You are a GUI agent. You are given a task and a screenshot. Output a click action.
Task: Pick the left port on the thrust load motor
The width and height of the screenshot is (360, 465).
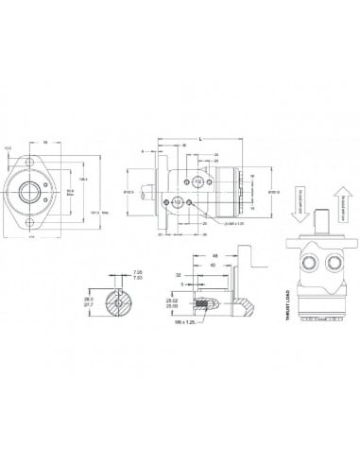tap(282, 258)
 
